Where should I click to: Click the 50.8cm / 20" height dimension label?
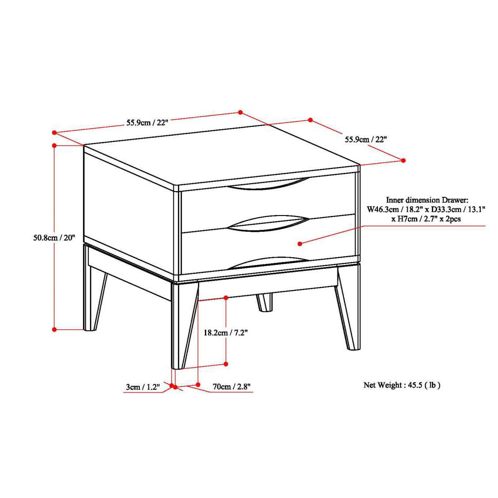click(54, 238)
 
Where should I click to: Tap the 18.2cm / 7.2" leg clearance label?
click(226, 333)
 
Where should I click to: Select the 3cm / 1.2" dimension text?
click(143, 387)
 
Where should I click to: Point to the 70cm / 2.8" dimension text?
click(231, 387)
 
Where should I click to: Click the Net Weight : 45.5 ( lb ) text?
click(402, 385)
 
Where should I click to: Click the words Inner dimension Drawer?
click(427, 200)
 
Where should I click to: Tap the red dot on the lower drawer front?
click(300, 243)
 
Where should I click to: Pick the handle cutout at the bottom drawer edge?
click(268, 263)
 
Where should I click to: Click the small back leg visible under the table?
click(265, 302)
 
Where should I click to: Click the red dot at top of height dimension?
click(54, 145)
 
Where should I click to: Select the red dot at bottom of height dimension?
click(54, 329)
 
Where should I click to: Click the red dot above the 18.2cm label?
click(226, 298)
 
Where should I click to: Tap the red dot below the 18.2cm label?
click(226, 364)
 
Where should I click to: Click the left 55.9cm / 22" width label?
click(147, 122)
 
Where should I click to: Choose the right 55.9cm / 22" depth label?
click(366, 139)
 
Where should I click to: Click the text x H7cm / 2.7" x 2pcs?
click(426, 219)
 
